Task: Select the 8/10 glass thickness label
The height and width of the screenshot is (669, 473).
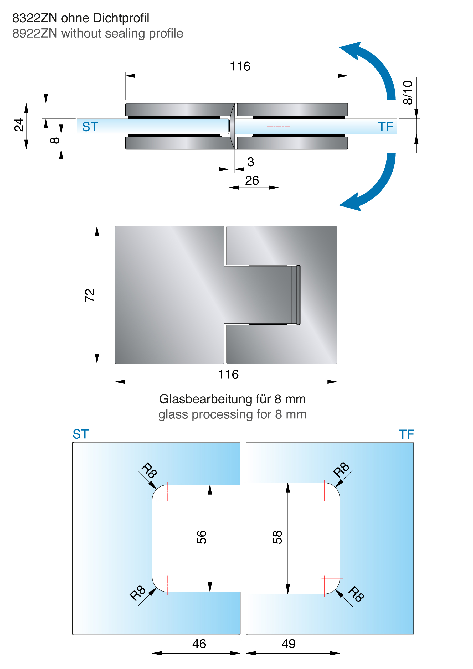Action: pos(408,92)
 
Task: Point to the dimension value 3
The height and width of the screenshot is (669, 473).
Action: pos(251,162)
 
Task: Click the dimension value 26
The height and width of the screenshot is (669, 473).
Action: pos(252,181)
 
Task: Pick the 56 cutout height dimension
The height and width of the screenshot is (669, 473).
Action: pos(202,537)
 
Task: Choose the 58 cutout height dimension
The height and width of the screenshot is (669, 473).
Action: pos(277,537)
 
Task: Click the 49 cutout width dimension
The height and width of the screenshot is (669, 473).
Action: pos(289,644)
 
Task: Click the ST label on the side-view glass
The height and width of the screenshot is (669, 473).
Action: pos(90,127)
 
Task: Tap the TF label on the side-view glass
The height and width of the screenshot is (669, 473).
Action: pos(385,127)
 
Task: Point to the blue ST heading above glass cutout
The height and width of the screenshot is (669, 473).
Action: pos(81,434)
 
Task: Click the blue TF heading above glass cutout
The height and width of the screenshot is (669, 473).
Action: pos(406,434)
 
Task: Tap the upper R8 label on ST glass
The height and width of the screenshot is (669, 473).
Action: pos(149,470)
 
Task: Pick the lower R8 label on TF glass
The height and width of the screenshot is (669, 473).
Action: pos(356,594)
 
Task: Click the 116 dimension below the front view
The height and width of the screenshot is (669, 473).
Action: pos(229,374)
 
